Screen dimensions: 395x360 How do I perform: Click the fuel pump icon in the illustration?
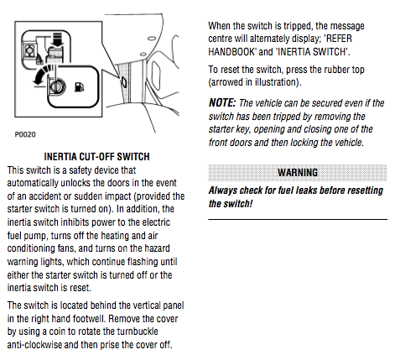(x=79, y=86)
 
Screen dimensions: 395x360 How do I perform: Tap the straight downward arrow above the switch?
(x=58, y=39)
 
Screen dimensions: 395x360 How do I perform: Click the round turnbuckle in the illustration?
(x=58, y=86)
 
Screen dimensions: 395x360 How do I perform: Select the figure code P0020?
(x=25, y=134)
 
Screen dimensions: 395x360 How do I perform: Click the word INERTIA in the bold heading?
(x=60, y=157)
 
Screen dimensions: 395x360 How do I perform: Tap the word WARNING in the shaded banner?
(x=298, y=172)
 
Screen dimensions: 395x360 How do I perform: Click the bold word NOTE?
(x=222, y=103)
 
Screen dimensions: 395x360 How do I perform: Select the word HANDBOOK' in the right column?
(x=232, y=52)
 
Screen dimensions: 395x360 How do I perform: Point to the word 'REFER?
(x=338, y=39)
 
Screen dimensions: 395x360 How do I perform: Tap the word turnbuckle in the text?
(x=138, y=331)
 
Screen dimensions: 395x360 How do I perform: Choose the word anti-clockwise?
(x=34, y=345)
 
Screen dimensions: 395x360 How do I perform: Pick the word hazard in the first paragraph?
(x=156, y=248)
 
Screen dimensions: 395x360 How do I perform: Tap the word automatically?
(x=33, y=183)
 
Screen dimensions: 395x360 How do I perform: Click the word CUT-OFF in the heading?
(x=97, y=157)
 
